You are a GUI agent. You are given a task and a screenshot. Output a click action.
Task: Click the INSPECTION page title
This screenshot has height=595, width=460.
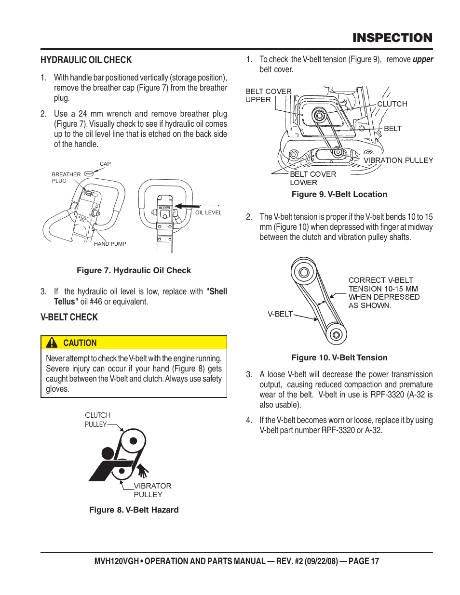click(392, 38)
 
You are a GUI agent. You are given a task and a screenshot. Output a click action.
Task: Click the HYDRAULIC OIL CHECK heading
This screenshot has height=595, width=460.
click(86, 60)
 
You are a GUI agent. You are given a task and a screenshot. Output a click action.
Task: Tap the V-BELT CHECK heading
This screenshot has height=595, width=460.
click(69, 317)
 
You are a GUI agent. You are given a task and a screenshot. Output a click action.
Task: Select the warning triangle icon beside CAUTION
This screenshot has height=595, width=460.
click(52, 343)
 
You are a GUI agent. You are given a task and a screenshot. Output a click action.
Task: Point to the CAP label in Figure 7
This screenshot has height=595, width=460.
click(105, 164)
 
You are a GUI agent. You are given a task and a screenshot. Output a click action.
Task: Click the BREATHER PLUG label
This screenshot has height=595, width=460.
click(66, 178)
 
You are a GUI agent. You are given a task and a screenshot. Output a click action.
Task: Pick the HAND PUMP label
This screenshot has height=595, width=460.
click(110, 244)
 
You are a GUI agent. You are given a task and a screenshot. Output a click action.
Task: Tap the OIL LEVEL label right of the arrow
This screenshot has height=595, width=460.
click(208, 212)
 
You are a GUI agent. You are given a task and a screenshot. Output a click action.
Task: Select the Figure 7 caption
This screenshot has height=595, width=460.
click(134, 271)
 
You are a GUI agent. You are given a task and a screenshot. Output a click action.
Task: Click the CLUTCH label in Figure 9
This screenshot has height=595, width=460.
click(392, 104)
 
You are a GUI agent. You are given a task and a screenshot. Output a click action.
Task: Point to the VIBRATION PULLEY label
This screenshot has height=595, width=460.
click(398, 160)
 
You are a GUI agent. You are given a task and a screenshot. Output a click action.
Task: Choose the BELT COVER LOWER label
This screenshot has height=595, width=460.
click(312, 178)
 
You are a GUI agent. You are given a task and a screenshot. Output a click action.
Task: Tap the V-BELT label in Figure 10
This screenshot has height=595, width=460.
click(280, 314)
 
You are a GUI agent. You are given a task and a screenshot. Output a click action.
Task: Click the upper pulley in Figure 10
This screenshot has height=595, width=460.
click(304, 272)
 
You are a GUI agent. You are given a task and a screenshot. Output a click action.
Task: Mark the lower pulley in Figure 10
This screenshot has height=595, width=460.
click(336, 334)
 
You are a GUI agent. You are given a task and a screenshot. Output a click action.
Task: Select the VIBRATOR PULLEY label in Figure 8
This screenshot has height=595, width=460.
click(152, 490)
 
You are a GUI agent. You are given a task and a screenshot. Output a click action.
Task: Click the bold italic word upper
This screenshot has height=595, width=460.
click(423, 60)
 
